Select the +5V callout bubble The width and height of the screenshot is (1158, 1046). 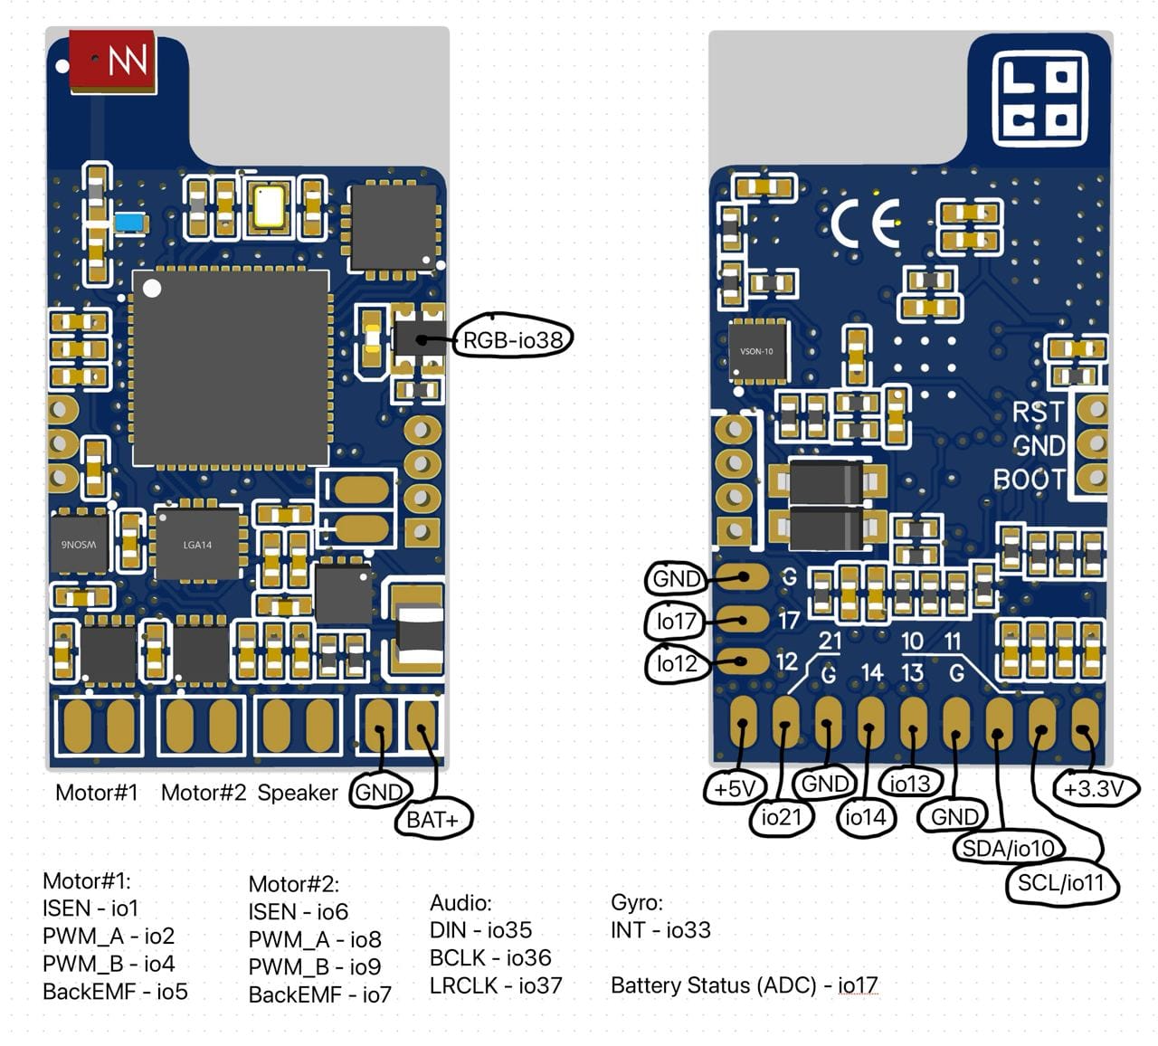click(735, 788)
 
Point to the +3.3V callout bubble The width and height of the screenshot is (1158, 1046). click(1095, 788)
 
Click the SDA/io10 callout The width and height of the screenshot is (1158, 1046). click(1008, 848)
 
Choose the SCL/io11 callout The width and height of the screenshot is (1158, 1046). click(1061, 883)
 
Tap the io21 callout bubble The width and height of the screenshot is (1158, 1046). click(781, 817)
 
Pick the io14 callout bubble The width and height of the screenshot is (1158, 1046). click(865, 817)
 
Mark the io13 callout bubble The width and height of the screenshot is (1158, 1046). click(910, 784)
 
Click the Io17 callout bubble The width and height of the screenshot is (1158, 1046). click(676, 621)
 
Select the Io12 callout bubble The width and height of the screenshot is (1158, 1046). click(677, 663)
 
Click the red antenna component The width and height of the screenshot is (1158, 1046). click(112, 62)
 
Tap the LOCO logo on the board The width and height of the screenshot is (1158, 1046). click(1040, 97)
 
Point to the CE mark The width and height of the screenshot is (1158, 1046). click(865, 223)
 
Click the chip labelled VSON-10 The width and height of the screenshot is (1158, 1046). click(757, 351)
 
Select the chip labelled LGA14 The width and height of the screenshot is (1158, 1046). click(197, 544)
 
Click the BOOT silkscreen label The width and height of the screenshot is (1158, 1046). click(1030, 480)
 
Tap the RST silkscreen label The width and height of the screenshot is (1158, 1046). click(1038, 413)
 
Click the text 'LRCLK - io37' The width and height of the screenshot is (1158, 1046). click(496, 985)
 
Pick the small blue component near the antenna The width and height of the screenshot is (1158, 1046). click(130, 223)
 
